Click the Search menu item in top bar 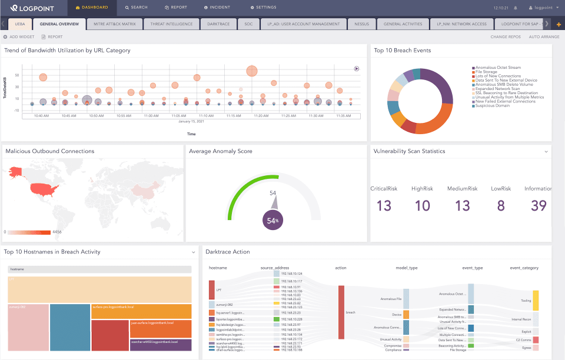[x=136, y=8]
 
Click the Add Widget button [x=19, y=36]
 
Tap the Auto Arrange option [x=544, y=36]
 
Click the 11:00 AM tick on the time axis [x=151, y=116]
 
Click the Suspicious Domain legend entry [x=493, y=105]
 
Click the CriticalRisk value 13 [x=384, y=206]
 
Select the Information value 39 [x=539, y=206]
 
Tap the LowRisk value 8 [x=501, y=206]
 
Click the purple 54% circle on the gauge [x=272, y=220]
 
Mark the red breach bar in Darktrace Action [x=341, y=312]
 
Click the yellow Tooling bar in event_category [x=536, y=300]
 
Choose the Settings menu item [x=263, y=8]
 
